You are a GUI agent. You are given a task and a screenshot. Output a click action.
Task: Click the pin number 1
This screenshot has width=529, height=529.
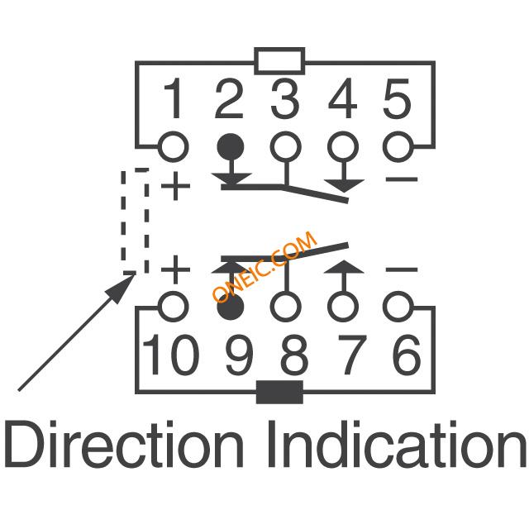[173, 98]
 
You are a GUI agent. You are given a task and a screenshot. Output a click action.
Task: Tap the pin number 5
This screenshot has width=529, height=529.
[398, 98]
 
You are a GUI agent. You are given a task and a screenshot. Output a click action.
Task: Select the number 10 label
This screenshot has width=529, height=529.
[170, 355]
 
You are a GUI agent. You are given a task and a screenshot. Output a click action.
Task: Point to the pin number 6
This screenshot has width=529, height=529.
[407, 355]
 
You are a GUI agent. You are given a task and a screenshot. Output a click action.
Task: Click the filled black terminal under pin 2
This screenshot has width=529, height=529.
[230, 147]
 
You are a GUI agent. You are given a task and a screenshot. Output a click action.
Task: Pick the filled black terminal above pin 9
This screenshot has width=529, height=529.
[230, 307]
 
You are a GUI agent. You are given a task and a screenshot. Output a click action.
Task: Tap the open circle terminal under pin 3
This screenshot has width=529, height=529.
[286, 147]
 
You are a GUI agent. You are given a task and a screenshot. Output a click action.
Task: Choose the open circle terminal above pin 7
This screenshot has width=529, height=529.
[343, 307]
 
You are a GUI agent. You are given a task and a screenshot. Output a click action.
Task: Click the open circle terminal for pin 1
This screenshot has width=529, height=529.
[174, 147]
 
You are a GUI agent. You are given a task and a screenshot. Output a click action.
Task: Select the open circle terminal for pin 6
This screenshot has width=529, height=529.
[398, 307]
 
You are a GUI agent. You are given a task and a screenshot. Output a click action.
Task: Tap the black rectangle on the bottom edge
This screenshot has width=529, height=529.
[279, 393]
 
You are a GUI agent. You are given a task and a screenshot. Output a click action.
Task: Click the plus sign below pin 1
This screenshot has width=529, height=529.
[175, 186]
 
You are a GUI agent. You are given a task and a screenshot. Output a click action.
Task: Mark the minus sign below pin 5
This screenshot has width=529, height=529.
[402, 179]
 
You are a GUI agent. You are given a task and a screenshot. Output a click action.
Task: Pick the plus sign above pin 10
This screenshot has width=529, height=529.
[175, 269]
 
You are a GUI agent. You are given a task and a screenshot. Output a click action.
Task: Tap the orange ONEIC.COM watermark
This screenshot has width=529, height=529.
[264, 266]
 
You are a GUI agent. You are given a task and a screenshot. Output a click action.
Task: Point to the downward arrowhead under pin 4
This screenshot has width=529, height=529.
[344, 186]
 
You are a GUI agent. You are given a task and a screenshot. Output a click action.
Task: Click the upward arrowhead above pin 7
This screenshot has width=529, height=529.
[344, 266]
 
